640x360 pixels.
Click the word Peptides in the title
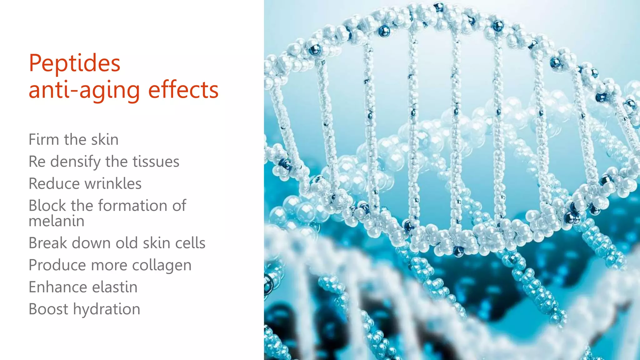74,63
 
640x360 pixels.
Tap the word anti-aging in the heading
84,90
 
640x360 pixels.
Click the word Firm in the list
44,139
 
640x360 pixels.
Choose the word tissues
156,162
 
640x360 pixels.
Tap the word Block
47,206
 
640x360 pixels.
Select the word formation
132,206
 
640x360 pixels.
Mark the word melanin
56,221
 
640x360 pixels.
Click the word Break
47,243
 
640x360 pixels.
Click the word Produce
57,265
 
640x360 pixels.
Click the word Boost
48,309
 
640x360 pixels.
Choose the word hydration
106,309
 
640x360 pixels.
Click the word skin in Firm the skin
105,139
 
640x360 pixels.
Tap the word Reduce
54,183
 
